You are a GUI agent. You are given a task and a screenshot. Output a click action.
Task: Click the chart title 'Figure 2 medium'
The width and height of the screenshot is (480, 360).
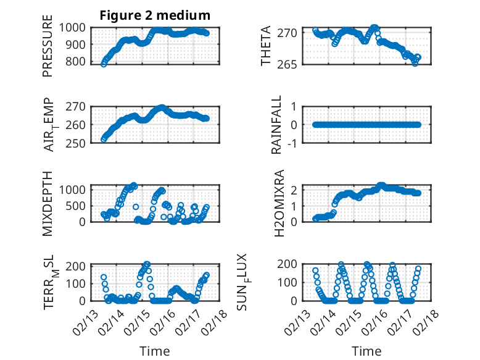tap(155, 15)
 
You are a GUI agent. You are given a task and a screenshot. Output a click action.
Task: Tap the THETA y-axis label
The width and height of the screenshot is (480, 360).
tap(266, 46)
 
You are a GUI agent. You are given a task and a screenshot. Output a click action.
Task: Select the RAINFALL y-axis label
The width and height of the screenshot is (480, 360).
tap(277, 124)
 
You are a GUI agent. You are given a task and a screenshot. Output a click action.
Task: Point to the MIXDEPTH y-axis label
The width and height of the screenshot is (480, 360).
tap(48, 203)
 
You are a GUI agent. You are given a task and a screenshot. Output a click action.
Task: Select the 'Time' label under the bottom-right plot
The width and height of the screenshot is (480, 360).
tap(366, 351)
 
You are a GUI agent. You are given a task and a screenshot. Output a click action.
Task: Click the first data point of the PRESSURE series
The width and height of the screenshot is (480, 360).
tap(104, 64)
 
